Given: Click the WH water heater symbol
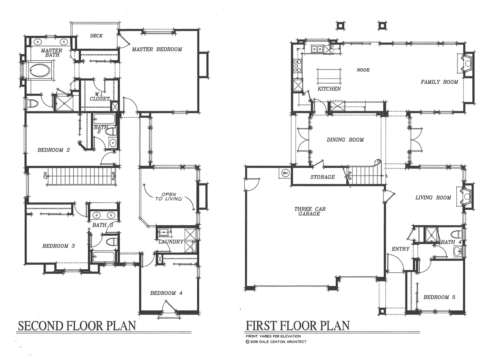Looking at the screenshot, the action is tap(285, 173).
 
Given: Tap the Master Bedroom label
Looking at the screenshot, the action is tap(157, 49).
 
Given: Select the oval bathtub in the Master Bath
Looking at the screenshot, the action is tap(41, 70).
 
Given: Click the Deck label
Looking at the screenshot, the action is tap(96, 36).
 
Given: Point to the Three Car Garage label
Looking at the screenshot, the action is tap(309, 211).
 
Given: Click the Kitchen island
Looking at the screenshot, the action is tap(329, 76).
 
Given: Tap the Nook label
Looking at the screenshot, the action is tap(363, 70).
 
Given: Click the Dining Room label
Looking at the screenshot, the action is tap(345, 140).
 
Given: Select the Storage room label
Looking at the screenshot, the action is tap(322, 177).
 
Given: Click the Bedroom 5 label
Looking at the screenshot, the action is tap(439, 297).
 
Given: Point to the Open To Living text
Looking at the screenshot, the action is tap(169, 197).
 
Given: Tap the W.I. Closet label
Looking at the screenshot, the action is tap(100, 97).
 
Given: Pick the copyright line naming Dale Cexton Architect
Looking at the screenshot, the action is tap(276, 342).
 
